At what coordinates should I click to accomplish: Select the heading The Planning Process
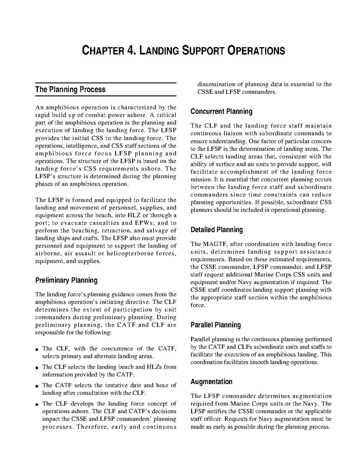click(70, 90)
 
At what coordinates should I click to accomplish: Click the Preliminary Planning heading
click(66, 280)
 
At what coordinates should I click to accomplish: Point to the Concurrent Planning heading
click(221, 111)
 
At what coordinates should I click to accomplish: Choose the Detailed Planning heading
click(217, 230)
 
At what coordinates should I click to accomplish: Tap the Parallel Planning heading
click(215, 325)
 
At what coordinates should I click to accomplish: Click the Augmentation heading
click(211, 382)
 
